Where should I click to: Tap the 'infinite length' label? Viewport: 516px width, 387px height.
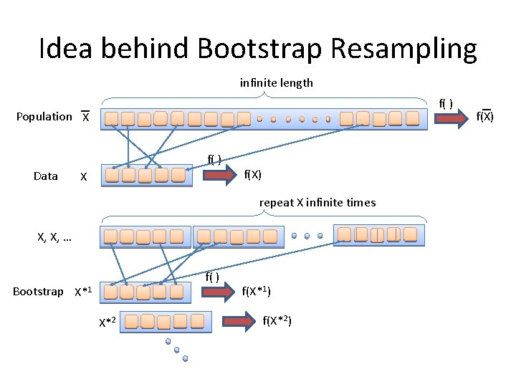(276, 82)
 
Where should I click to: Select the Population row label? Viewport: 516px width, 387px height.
(44, 116)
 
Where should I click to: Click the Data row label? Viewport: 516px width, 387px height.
(46, 176)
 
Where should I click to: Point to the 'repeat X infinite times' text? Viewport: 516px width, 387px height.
(317, 203)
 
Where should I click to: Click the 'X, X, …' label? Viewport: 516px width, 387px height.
(54, 236)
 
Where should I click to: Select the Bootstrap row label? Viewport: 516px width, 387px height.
(38, 291)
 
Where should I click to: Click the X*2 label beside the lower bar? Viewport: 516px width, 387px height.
(107, 322)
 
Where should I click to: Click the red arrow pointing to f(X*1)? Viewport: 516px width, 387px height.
(219, 290)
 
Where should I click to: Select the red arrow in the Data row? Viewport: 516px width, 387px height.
(219, 173)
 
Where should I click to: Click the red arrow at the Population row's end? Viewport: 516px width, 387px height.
(450, 118)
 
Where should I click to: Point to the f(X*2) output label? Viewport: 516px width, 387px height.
(277, 320)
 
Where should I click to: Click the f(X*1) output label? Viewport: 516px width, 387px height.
(257, 290)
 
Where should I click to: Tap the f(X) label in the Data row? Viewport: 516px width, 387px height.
(252, 173)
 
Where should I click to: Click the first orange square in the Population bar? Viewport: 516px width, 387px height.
(111, 118)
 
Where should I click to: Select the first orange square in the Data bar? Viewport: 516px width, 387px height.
(112, 175)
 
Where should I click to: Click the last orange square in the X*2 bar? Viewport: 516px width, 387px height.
(199, 321)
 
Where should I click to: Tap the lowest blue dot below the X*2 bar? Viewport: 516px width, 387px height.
(185, 358)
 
